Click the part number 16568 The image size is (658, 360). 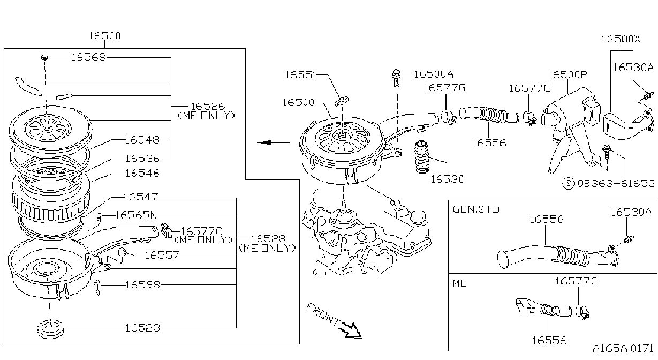[88, 57]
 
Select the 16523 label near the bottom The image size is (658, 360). [143, 328]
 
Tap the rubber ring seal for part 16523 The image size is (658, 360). [50, 328]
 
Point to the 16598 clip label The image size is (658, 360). [143, 285]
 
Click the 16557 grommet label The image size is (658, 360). [162, 255]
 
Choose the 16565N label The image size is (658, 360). [137, 215]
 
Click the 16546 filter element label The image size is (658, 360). [142, 173]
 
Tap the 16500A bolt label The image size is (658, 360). [434, 74]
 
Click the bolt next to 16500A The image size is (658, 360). [396, 78]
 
